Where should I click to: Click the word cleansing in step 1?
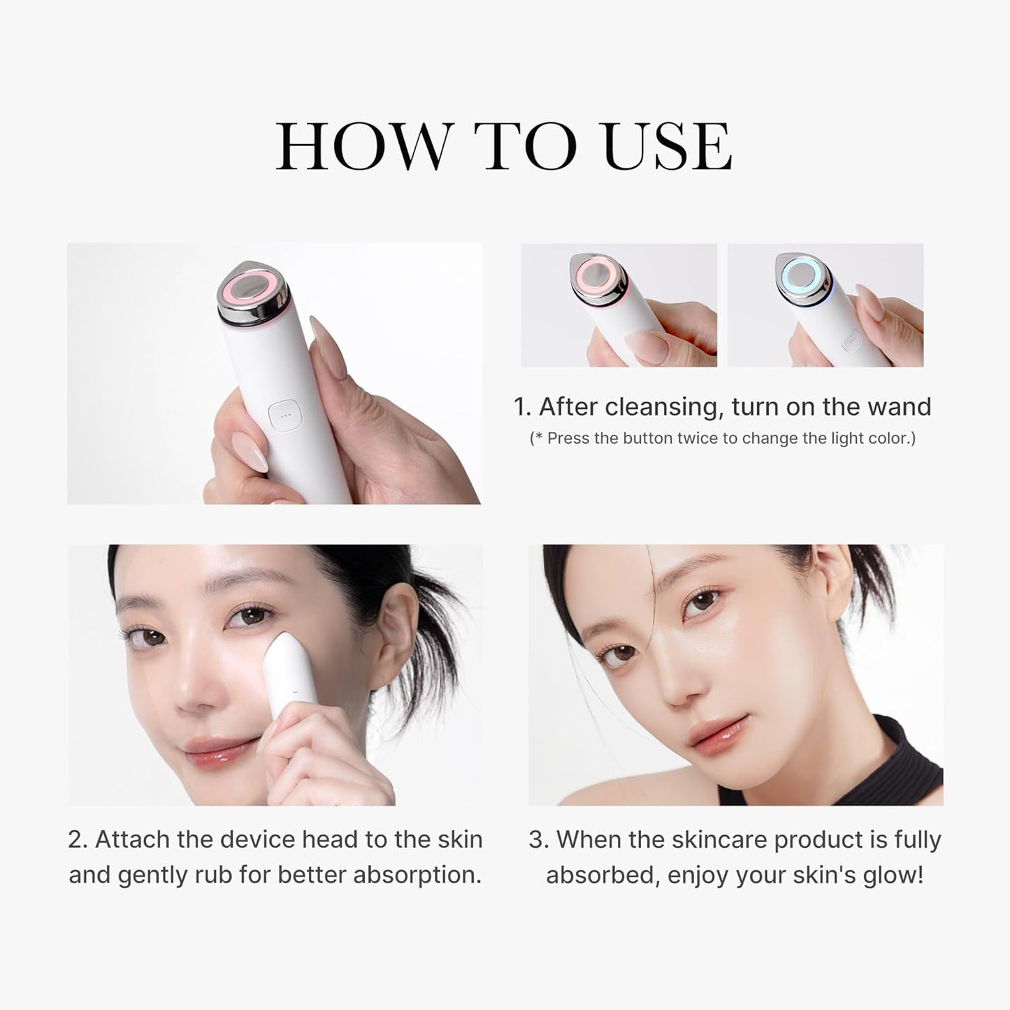tap(664, 406)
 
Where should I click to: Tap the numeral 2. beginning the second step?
tap(78, 839)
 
